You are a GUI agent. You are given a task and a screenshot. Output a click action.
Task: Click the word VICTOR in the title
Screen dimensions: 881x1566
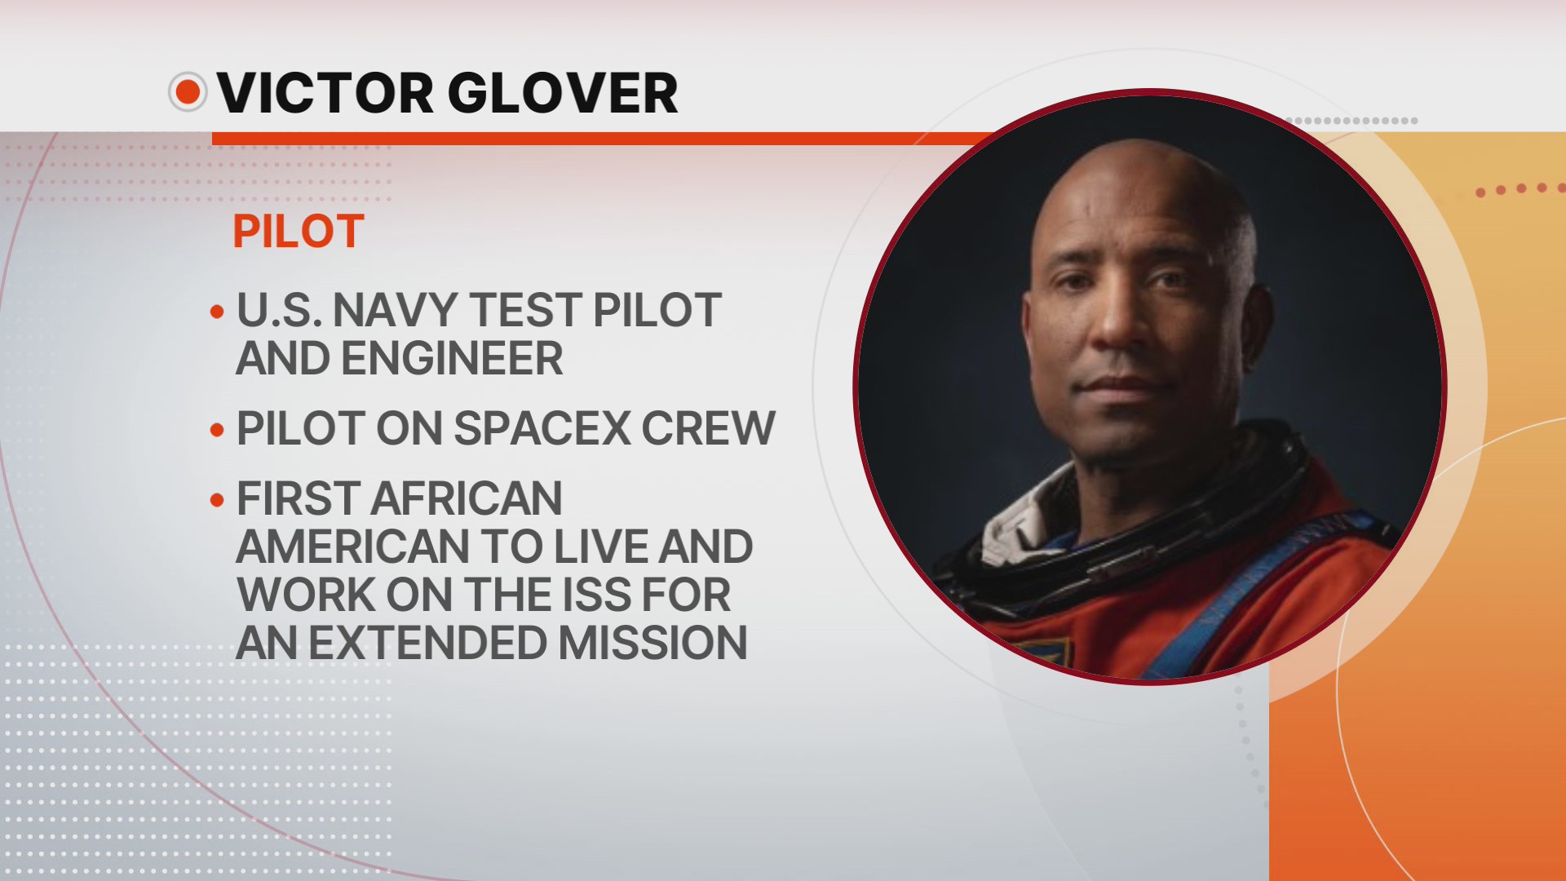(x=325, y=93)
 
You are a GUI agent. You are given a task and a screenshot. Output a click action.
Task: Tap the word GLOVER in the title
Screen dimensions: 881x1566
(x=563, y=93)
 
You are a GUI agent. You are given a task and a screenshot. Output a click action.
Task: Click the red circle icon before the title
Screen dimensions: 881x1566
(x=188, y=91)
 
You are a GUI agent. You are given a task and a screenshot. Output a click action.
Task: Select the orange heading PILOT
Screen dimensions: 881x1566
(x=298, y=232)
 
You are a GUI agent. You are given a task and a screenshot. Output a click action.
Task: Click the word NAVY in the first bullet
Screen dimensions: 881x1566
(x=395, y=311)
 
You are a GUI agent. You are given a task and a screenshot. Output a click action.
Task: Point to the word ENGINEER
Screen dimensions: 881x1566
(x=452, y=359)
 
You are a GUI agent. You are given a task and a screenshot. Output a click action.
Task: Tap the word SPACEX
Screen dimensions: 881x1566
(x=542, y=428)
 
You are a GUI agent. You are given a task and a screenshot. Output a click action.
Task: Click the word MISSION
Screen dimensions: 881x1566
(x=652, y=643)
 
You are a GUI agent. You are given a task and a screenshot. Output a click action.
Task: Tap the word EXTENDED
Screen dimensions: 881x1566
(x=427, y=643)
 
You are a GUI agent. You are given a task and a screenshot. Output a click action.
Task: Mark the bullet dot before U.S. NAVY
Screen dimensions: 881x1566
(x=217, y=312)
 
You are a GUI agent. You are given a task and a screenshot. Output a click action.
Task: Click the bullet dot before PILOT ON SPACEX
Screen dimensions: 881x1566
(x=217, y=430)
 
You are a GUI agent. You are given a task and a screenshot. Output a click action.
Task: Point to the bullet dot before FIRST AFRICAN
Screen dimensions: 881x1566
(x=217, y=499)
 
